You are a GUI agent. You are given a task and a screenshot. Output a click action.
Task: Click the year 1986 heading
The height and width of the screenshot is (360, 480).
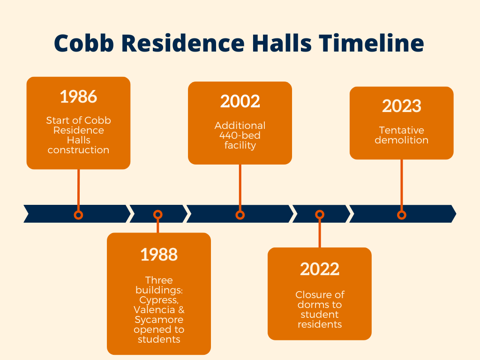78,97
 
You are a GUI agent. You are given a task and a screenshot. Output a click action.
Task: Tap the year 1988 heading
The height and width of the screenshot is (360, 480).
159,255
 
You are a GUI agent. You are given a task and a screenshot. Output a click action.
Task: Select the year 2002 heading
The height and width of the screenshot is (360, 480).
240,101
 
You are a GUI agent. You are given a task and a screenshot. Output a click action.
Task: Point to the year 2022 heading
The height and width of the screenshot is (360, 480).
320,269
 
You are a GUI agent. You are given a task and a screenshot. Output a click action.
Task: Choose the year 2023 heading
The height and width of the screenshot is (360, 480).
402,106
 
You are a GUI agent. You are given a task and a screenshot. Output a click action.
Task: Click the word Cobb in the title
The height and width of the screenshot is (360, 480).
84,43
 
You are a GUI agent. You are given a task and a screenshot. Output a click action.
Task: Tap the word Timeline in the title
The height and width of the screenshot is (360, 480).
371,43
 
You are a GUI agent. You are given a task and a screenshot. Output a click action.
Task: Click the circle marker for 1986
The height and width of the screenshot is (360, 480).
78,215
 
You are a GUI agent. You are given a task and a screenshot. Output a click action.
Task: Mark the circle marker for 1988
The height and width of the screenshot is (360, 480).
157,215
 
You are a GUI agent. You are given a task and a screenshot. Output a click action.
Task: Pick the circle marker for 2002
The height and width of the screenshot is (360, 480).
240,215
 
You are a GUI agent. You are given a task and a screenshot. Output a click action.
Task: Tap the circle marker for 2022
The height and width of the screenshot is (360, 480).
320,215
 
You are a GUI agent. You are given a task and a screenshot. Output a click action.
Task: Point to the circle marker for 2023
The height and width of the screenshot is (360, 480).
402,215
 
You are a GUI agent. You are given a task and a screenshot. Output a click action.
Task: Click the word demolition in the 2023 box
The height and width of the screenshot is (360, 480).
402,140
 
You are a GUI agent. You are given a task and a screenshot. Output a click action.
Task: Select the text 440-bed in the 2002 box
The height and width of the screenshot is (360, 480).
240,135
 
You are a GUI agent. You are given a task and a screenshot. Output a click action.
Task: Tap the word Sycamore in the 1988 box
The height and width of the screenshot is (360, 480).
159,320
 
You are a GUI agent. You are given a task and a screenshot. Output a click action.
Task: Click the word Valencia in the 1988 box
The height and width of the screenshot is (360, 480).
154,310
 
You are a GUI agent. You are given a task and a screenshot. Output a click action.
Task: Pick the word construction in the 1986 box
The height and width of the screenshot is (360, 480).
78,150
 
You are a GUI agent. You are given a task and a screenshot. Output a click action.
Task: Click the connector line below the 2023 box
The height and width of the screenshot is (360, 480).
402,185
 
